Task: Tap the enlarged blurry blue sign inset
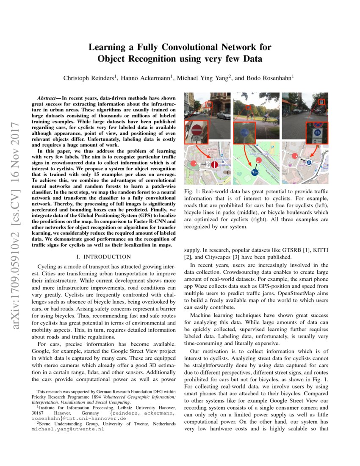tap(244, 133)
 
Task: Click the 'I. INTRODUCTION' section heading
tap(103, 257)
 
